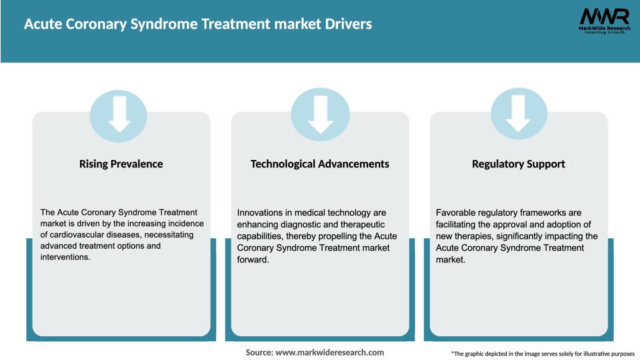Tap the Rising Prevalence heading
point(121,164)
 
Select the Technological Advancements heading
point(319,164)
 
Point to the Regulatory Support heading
point(518,164)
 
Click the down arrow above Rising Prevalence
point(119,116)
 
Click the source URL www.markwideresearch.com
point(329,352)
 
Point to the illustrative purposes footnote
point(542,354)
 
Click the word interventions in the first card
point(64,257)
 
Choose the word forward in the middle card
point(252,259)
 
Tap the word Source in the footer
point(259,352)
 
